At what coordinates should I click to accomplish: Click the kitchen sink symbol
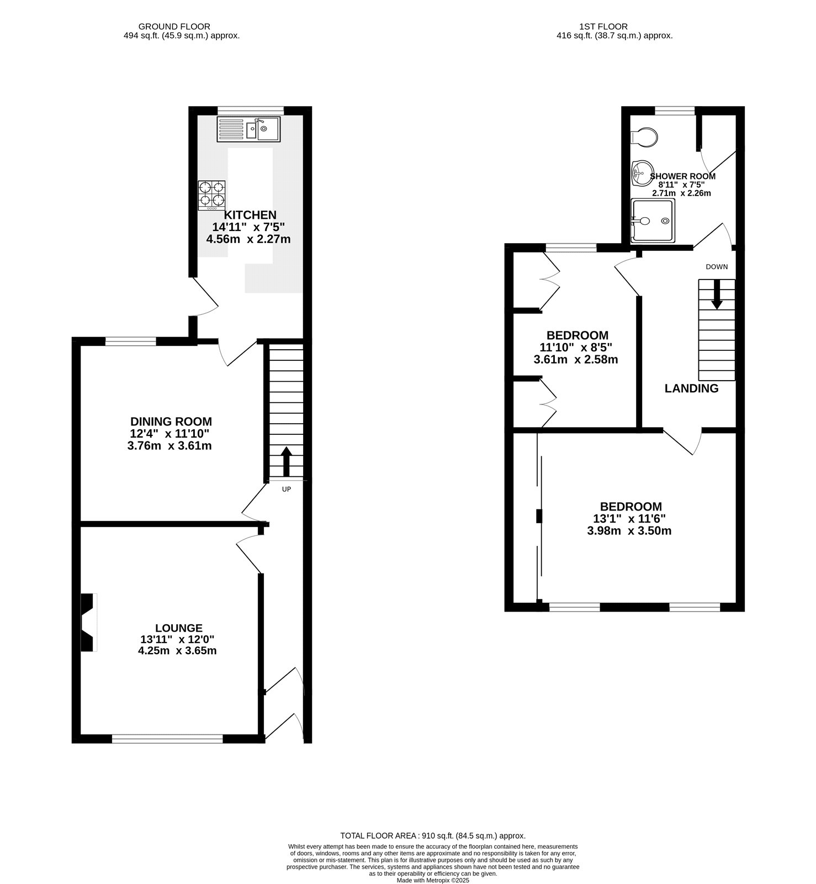[x=248, y=129]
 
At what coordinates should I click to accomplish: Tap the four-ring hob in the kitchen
[x=212, y=196]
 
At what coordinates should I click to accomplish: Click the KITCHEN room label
[x=250, y=215]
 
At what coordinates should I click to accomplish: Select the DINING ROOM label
[x=171, y=422]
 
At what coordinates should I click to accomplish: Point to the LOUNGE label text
[x=178, y=628]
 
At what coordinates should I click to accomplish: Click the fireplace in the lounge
[x=88, y=623]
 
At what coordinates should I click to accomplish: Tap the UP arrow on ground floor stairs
[x=286, y=461]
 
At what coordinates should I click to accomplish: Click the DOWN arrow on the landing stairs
[x=717, y=294]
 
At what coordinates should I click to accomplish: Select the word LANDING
[x=691, y=388]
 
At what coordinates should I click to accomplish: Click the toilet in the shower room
[x=644, y=136]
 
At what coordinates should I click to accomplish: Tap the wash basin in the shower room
[x=641, y=172]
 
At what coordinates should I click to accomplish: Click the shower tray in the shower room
[x=653, y=221]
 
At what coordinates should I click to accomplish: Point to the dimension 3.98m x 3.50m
[x=629, y=531]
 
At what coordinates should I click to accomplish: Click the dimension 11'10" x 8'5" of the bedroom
[x=576, y=348]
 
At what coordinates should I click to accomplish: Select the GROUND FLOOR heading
[x=174, y=26]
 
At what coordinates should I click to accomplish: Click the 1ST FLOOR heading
[x=603, y=26]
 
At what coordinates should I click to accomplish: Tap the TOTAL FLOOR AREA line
[x=433, y=836]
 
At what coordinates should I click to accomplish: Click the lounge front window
[x=167, y=738]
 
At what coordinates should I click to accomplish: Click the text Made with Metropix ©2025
[x=433, y=880]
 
